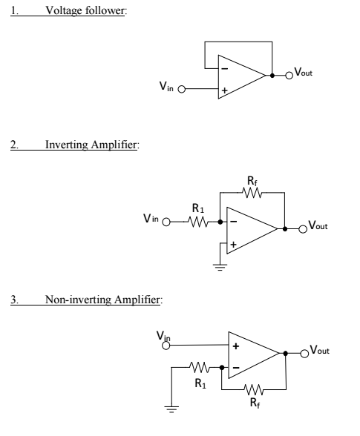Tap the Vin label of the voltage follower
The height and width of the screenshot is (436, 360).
tap(167, 87)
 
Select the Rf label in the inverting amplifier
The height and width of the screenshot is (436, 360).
tap(254, 180)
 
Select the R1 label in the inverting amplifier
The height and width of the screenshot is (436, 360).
tap(197, 208)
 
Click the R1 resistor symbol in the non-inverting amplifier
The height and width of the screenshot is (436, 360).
tap(200, 366)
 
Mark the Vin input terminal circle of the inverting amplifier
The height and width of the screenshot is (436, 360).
tap(166, 221)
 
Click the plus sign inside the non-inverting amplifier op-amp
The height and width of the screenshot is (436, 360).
tap(236, 346)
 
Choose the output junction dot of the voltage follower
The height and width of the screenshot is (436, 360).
tap(272, 75)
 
